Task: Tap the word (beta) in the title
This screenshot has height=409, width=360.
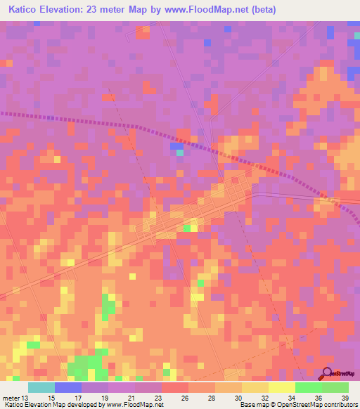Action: click(x=259, y=10)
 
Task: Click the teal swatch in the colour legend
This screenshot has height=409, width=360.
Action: click(x=41, y=387)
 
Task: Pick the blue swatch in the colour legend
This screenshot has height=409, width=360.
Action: click(x=68, y=387)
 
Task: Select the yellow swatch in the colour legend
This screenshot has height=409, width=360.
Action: click(x=282, y=387)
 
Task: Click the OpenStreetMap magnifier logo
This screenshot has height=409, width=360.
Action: click(x=326, y=373)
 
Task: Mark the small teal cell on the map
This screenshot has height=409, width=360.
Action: click(x=180, y=152)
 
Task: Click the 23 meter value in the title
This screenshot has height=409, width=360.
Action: click(x=107, y=10)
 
